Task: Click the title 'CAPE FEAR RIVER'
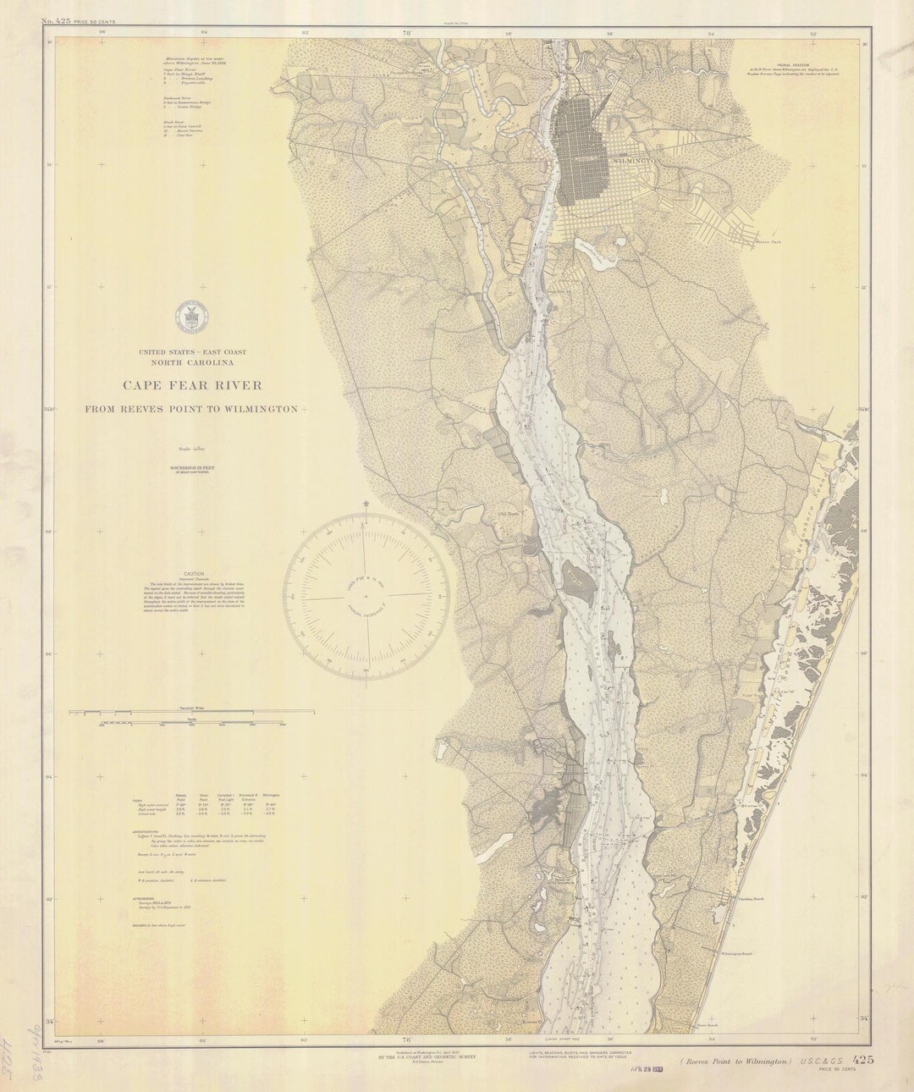(192, 385)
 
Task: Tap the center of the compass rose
(366, 597)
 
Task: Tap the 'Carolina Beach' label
(752, 899)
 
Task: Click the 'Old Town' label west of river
(507, 511)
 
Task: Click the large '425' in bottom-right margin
(863, 1059)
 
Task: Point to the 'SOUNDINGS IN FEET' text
(191, 466)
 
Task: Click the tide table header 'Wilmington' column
(270, 796)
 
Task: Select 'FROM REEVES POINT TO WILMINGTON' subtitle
(190, 409)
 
